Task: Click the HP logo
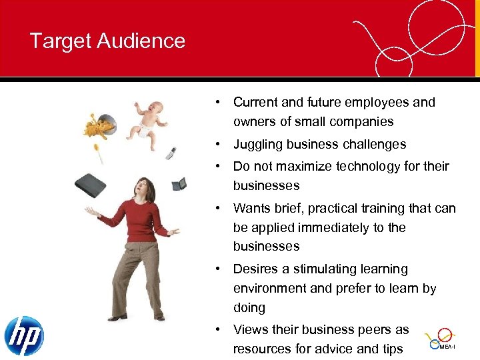click(x=24, y=335)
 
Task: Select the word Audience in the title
click(x=141, y=41)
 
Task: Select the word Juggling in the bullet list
click(x=259, y=145)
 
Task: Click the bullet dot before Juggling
click(x=218, y=145)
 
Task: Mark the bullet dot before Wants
click(x=218, y=209)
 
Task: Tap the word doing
click(x=249, y=308)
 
